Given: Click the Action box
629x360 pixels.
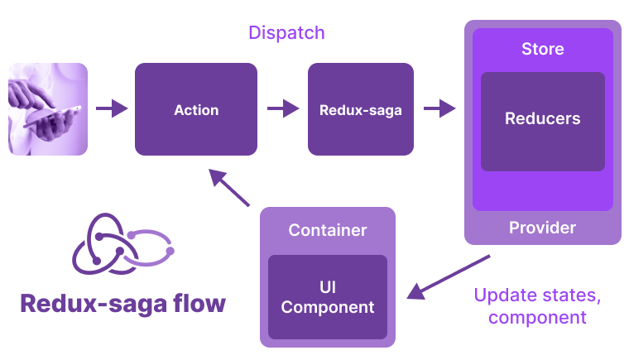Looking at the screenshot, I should pos(196,109).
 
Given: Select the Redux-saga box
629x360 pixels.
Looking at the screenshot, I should pos(360,109).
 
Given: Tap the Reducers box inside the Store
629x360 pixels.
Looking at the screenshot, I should pos(542,119).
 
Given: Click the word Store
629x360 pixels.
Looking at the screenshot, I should pos(542,50).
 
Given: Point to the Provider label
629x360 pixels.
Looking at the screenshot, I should pos(542,228).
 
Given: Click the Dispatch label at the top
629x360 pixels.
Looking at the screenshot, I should pos(286,33).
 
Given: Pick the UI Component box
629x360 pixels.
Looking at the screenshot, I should pos(328,297).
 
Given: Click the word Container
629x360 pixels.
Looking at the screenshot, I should pos(328,230).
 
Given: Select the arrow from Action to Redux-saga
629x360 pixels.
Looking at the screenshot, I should pos(282,108).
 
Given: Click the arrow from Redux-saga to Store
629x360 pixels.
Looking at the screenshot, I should pos(439,108).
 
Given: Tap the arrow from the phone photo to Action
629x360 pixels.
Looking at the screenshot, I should pos(112,108).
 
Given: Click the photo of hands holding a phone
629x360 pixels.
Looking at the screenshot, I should pos(48,108).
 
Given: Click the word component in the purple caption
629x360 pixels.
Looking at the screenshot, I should pos(537,317).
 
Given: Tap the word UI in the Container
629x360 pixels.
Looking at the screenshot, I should pos(328,287).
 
